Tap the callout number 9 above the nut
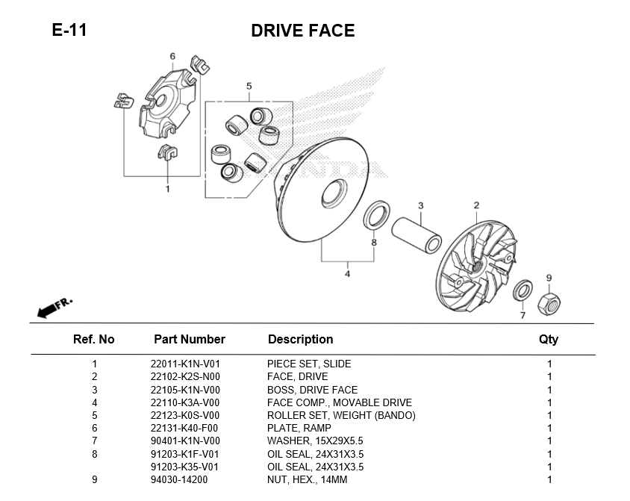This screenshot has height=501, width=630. [x=549, y=278]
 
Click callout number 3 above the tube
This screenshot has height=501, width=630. [x=420, y=205]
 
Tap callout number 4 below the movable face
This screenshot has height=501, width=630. [x=347, y=274]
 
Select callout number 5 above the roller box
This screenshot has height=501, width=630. [x=249, y=87]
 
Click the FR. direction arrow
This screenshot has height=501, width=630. [x=54, y=306]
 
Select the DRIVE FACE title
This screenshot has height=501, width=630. [x=302, y=31]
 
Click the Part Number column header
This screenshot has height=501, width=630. [x=189, y=339]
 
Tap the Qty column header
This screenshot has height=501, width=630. [x=549, y=339]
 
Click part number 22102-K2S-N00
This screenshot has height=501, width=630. [x=185, y=377]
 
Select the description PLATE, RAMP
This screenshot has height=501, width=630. [x=299, y=429]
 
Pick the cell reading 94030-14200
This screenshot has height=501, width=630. [x=179, y=480]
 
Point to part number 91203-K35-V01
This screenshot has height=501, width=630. [x=185, y=467]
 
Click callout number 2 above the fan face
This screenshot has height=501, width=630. [x=475, y=205]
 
